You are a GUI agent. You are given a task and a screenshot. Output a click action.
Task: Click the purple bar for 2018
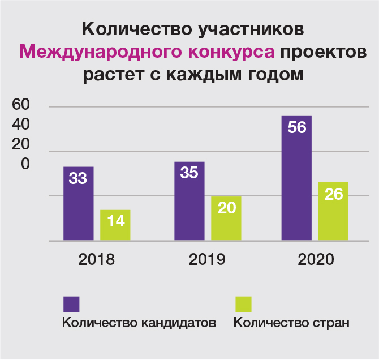(x=78, y=204)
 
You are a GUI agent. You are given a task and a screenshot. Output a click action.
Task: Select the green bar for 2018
(x=115, y=225)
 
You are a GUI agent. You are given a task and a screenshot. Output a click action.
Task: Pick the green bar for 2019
(x=226, y=218)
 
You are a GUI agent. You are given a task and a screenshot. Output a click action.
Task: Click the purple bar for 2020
(x=296, y=178)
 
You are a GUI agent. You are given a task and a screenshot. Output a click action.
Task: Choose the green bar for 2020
(x=334, y=211)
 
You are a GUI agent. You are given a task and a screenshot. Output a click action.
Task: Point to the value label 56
(x=296, y=127)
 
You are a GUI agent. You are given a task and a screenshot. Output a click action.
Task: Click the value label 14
(x=115, y=220)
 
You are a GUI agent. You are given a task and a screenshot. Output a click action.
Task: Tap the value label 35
(x=189, y=173)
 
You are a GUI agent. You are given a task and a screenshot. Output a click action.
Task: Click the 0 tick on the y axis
(x=25, y=164)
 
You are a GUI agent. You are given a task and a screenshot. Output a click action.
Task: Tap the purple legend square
(x=71, y=304)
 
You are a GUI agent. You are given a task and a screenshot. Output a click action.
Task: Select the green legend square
(x=243, y=304)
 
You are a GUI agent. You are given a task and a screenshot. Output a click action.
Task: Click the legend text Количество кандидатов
(x=139, y=323)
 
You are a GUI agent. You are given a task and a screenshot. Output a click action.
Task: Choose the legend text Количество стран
(x=291, y=323)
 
